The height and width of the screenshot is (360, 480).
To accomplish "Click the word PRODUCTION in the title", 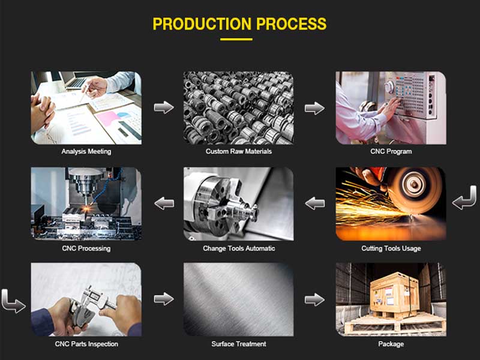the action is point(202,24).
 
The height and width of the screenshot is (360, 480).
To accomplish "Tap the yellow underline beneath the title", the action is point(236,39).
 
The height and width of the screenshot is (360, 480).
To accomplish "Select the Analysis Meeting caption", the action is point(86,152).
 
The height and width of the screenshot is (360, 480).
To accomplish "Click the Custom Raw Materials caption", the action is point(238,151).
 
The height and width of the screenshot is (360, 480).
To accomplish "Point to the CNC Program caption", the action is point(391,151).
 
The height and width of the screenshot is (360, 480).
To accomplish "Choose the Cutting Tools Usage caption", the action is point(391,248).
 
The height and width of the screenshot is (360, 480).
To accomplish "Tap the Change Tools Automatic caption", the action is point(239,248).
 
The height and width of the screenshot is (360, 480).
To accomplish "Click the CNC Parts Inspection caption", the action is point(86,344).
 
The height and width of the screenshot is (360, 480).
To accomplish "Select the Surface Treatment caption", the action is point(239,344).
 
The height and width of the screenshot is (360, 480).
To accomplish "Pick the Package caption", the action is point(391,344).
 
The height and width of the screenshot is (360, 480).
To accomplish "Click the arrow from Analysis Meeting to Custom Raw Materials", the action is point(164,107).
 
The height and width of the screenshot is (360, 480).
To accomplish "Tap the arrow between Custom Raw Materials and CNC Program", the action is point(314,108).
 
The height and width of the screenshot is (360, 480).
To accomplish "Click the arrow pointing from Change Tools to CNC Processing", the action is point(164,203).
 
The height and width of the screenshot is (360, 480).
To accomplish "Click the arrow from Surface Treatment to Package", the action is point(314,299).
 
